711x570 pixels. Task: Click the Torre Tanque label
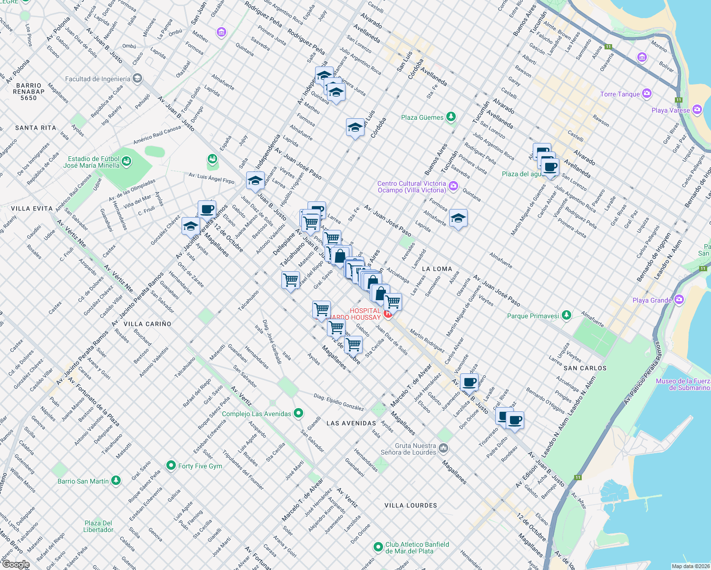click(620, 94)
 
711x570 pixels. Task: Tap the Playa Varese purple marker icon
click(697, 110)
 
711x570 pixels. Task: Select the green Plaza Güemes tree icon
click(451, 117)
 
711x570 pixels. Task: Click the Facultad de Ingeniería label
click(97, 79)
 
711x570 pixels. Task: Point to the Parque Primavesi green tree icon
click(566, 315)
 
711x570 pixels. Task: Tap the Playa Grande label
click(652, 300)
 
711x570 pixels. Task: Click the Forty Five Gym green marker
click(171, 465)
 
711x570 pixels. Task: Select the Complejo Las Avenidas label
click(257, 414)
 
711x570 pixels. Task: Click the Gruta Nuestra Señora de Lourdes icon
click(443, 448)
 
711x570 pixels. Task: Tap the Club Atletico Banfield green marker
click(378, 547)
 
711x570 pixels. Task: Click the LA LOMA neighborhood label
click(437, 269)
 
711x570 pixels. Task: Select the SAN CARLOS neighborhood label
click(585, 368)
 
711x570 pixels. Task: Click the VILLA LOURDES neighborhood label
click(411, 505)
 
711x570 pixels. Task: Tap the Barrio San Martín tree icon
click(115, 481)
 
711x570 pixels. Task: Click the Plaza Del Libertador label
click(98, 526)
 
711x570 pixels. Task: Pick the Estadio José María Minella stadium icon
click(126, 162)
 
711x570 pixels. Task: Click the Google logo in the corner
click(16, 564)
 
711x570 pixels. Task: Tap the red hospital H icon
click(388, 313)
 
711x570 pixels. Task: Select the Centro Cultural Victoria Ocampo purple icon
click(453, 186)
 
